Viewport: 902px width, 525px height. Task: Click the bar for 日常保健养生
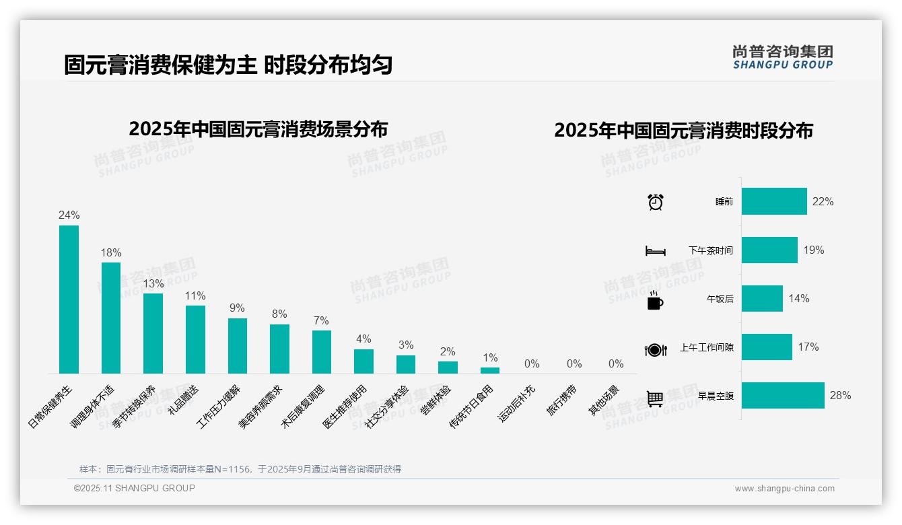point(69,300)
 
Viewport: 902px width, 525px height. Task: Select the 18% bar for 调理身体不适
point(111,318)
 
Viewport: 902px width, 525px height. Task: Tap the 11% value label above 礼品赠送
point(195,296)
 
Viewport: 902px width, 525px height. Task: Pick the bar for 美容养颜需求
point(279,349)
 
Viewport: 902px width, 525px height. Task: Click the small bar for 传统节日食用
point(490,370)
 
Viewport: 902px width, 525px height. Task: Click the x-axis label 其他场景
point(604,400)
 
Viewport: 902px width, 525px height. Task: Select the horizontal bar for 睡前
point(774,201)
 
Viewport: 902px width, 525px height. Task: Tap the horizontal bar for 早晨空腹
point(783,396)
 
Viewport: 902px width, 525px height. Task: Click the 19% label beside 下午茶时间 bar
point(813,250)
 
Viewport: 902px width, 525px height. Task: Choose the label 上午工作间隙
point(706,348)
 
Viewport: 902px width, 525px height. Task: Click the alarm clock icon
point(655,202)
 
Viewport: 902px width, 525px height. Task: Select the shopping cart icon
point(655,398)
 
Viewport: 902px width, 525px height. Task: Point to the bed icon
point(655,251)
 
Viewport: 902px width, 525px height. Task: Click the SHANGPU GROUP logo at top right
point(782,57)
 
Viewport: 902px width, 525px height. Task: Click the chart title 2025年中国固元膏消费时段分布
point(683,131)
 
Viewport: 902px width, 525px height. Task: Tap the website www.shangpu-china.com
point(784,489)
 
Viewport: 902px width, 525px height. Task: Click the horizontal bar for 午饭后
point(762,299)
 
